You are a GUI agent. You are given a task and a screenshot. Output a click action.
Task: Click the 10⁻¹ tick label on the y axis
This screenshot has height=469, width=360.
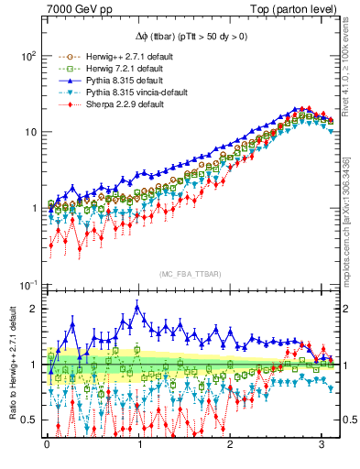coord(27,285)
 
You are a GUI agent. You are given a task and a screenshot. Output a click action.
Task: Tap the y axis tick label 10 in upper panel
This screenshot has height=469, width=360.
coord(29,132)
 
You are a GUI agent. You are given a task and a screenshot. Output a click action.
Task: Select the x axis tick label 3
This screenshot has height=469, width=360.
coord(322,452)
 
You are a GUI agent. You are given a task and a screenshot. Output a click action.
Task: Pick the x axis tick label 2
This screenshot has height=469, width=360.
coord(230,452)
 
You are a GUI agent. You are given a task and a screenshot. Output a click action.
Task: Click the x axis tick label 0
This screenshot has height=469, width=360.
coord(47,452)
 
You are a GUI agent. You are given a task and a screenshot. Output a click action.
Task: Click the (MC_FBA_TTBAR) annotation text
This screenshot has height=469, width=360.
coord(183,274)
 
